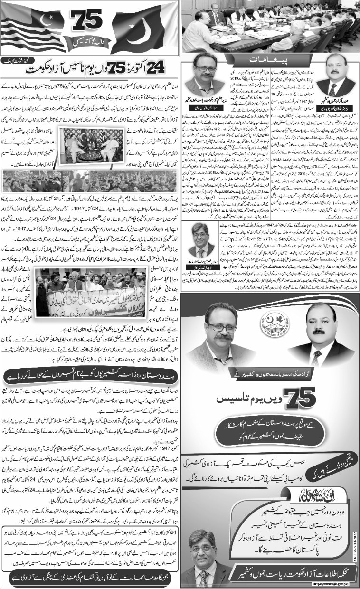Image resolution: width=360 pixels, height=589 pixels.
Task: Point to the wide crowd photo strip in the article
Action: [90, 180]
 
